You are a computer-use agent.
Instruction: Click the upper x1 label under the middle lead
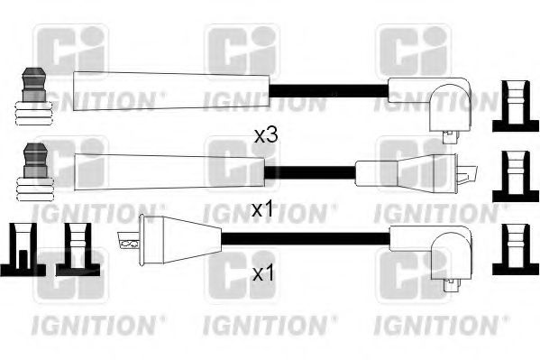click(x=261, y=209)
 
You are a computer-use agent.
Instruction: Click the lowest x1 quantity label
click(x=261, y=273)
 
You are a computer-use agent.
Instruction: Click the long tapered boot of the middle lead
click(x=167, y=169)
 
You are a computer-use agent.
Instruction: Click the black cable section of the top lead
click(x=330, y=89)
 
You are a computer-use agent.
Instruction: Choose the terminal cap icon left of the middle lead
click(x=32, y=171)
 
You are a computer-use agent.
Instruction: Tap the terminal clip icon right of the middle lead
click(x=514, y=172)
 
